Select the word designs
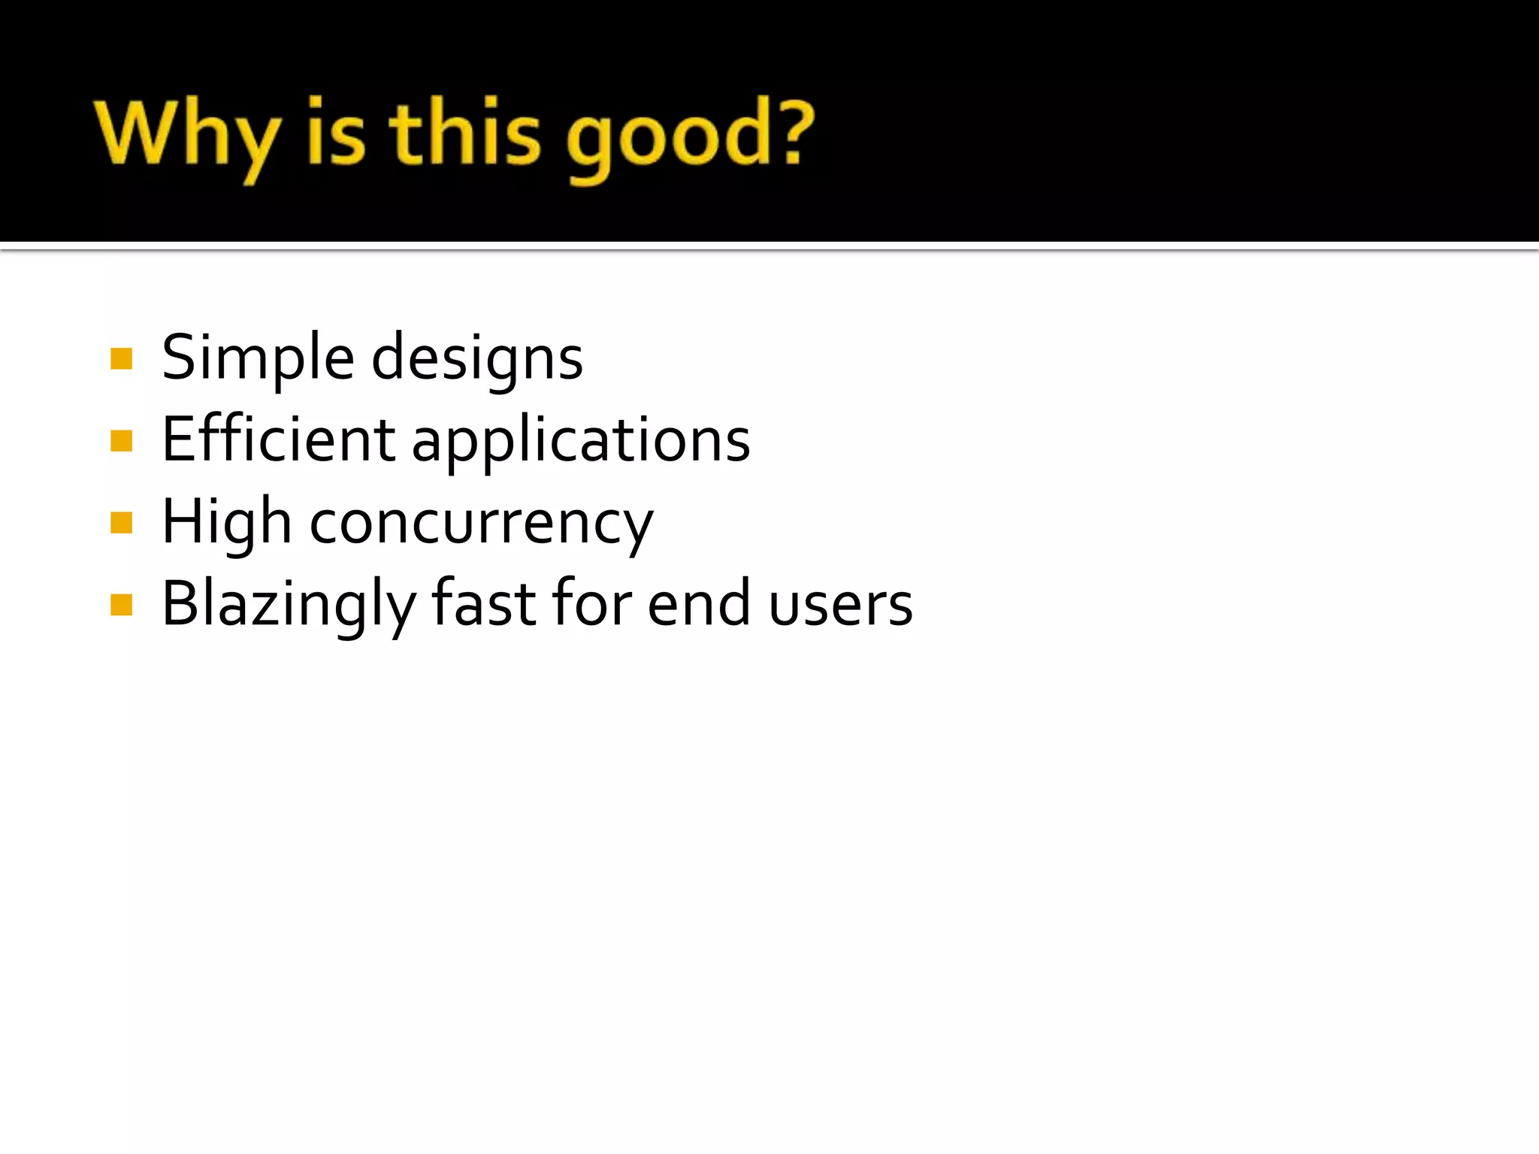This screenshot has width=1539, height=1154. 477,359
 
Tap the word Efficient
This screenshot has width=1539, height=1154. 278,440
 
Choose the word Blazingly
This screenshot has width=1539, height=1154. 289,606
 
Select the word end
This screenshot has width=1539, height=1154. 699,604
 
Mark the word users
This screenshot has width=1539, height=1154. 841,606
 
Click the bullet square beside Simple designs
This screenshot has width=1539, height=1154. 121,358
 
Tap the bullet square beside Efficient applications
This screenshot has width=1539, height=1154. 121,440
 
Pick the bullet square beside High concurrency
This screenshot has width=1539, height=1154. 121,522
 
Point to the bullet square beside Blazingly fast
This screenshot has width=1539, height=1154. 121,604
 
